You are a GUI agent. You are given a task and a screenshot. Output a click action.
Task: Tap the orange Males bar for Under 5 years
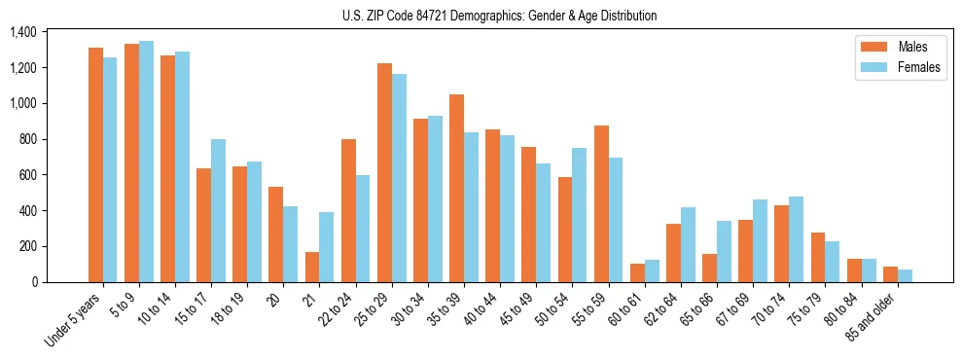pos(95,165)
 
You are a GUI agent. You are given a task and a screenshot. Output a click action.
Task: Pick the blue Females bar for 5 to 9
pos(146,162)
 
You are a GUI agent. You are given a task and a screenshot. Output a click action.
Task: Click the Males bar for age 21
pos(312,267)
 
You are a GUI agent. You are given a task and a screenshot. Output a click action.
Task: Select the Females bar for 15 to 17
pos(219,210)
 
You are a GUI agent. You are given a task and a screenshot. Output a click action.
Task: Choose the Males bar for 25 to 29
pos(384,172)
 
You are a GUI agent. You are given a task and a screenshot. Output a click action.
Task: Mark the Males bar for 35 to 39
pos(456,188)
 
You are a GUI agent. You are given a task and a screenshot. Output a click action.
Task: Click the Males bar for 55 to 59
pos(601,203)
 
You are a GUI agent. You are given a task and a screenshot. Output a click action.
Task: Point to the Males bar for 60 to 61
pos(637,272)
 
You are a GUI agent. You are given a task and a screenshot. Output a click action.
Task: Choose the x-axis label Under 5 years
pos(74,320)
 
